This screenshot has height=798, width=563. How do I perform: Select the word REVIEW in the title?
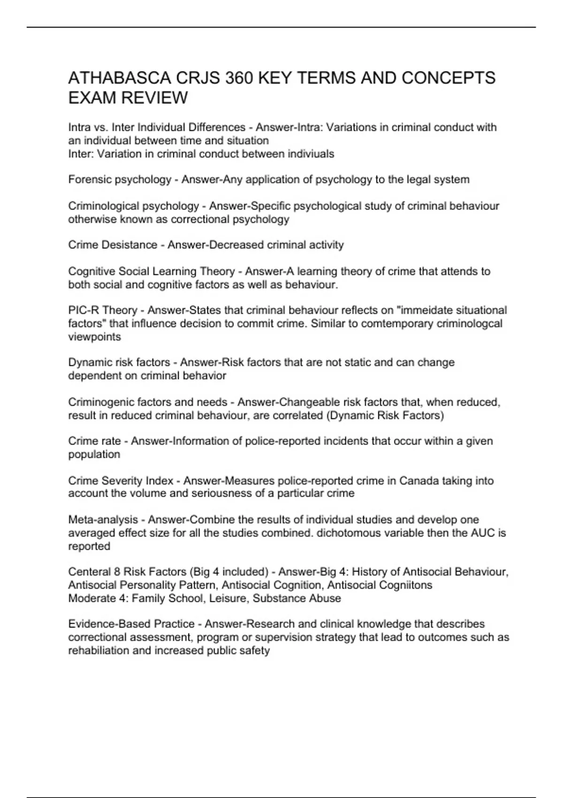coord(154,98)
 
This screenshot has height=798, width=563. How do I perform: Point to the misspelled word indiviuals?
coord(311,153)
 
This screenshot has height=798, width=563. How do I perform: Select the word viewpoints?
coord(94,337)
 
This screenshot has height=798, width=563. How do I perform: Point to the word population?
coord(94,454)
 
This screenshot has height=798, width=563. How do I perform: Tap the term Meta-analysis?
coord(103,520)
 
